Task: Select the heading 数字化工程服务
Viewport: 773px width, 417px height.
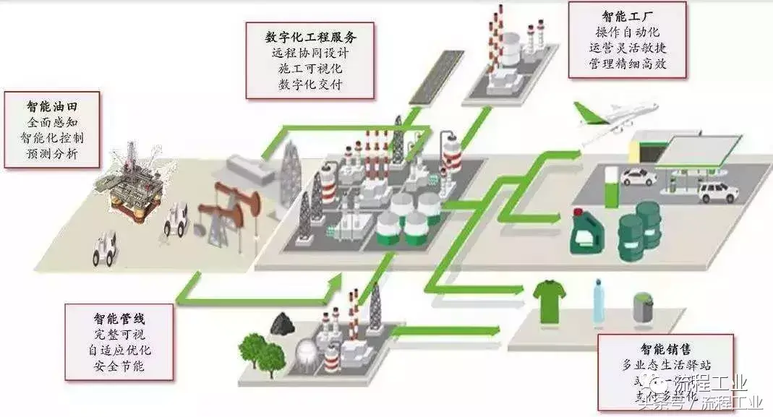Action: [310, 34]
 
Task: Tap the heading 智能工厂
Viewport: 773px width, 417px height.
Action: [627, 15]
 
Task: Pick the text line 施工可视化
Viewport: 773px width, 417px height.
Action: [310, 69]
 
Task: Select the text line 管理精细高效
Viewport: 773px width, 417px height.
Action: [627, 64]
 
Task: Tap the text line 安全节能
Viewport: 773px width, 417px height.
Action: [119, 366]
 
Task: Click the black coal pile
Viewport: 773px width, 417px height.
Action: [282, 324]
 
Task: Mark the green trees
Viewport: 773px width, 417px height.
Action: [261, 351]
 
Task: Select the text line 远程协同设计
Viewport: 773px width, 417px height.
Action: [310, 52]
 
